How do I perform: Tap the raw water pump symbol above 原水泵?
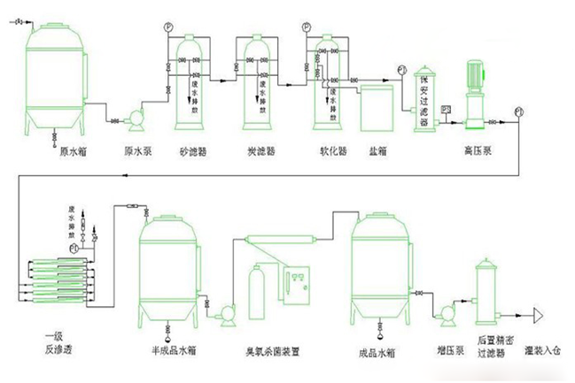pos(137,116)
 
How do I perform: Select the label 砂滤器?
pos(193,153)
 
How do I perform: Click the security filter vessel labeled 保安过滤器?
pos(424,100)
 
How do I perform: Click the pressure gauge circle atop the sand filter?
pos(168,28)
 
